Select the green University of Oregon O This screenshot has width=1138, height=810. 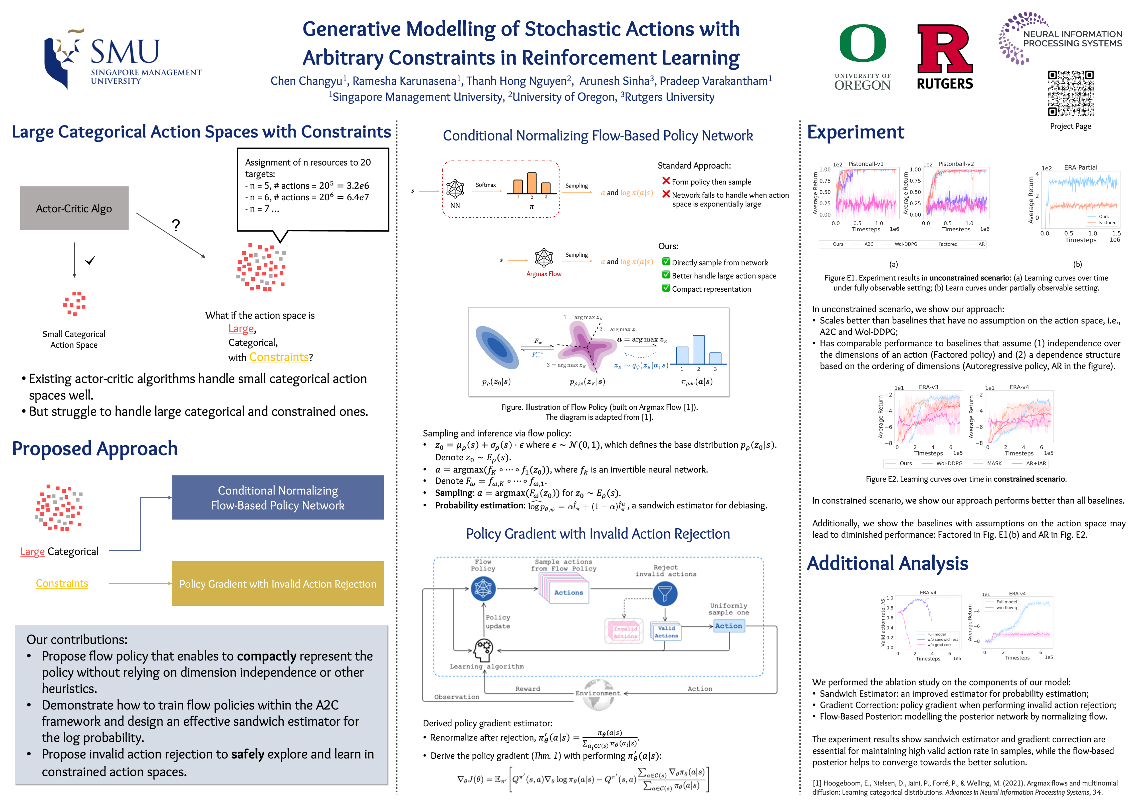[x=862, y=44]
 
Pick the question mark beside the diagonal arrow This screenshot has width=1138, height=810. [x=176, y=225]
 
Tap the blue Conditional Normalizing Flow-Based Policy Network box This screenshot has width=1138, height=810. [x=278, y=498]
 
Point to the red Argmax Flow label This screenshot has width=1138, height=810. [x=544, y=274]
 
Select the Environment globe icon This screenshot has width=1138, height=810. [x=598, y=694]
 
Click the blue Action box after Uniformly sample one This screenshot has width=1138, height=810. [x=729, y=626]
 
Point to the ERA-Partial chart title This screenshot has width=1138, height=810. [x=1080, y=168]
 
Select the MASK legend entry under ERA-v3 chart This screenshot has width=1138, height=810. [x=994, y=463]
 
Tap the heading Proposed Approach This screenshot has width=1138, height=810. [x=95, y=448]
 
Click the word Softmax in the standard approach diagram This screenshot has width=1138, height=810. [x=485, y=185]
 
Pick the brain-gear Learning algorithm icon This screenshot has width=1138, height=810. [x=483, y=650]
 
